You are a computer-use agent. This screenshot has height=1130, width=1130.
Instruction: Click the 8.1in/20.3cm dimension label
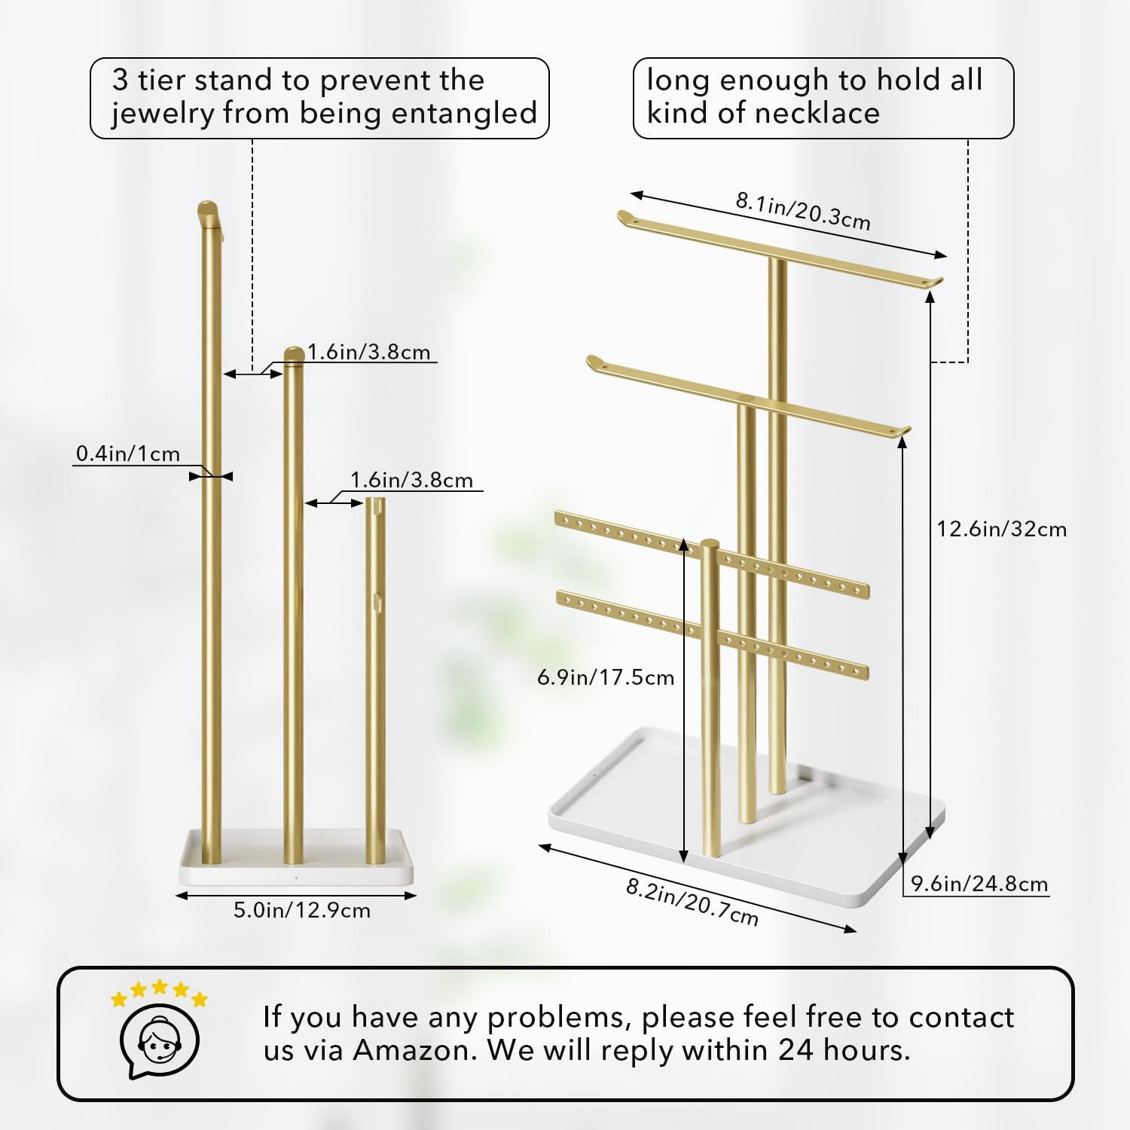click(x=803, y=211)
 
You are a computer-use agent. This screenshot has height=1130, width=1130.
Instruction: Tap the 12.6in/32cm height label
click(x=1001, y=529)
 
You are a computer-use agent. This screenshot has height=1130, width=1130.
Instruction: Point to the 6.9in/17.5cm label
click(x=605, y=677)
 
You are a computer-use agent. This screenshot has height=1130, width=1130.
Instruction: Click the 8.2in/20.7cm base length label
click(x=692, y=902)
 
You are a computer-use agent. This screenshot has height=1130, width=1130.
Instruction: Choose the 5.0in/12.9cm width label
click(x=301, y=910)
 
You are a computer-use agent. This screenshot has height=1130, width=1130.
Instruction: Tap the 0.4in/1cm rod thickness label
click(x=128, y=454)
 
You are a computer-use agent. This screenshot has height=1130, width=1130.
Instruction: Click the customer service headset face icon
click(x=159, y=1041)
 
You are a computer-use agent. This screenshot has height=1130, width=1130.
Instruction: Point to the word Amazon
click(x=414, y=1049)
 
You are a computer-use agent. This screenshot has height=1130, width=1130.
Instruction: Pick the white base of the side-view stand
click(x=296, y=858)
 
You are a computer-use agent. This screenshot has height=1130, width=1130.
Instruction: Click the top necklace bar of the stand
click(x=780, y=249)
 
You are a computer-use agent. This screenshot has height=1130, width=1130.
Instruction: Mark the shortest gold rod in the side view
click(x=375, y=680)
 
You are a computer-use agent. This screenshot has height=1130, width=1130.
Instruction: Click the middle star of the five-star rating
click(x=159, y=987)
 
